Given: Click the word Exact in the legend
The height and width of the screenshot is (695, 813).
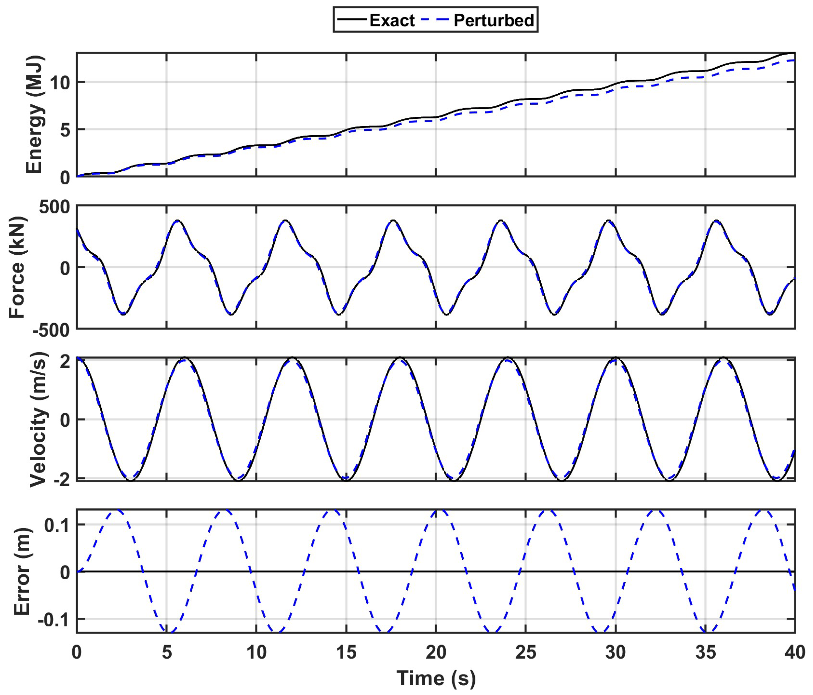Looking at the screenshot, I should coord(391,20).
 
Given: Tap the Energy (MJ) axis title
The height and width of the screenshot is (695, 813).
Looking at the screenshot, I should coord(34,114).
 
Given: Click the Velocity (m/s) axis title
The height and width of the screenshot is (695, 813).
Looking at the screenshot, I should coord(38,419).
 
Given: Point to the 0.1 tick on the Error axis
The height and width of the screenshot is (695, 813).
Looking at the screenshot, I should coord(57,525).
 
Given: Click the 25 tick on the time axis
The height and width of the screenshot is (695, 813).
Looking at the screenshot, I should coord(526,652).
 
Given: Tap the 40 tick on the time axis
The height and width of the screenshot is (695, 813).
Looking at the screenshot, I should coord(795,652).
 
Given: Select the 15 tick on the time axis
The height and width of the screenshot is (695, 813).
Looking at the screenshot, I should coord(346,652).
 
